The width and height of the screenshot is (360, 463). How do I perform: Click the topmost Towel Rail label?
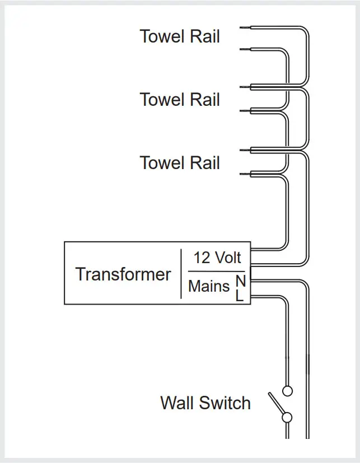pos(180,37)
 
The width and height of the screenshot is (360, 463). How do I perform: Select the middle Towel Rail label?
pos(180,100)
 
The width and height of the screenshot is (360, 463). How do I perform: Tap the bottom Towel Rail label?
pos(180,163)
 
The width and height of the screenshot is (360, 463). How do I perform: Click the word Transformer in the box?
pos(123,274)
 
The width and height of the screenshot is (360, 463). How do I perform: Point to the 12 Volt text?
pos(217,258)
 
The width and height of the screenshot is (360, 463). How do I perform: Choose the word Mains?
pos(209,286)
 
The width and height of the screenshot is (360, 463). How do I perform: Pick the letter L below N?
pos(240,296)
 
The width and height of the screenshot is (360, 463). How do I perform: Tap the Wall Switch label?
pos(205,403)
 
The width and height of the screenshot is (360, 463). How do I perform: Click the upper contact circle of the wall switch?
pos(288,390)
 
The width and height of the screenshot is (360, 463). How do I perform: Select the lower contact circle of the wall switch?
pos(287,417)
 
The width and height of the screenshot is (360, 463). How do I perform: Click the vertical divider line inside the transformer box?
pos(181,273)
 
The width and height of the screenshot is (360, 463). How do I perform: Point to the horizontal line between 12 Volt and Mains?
pos(216,271)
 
